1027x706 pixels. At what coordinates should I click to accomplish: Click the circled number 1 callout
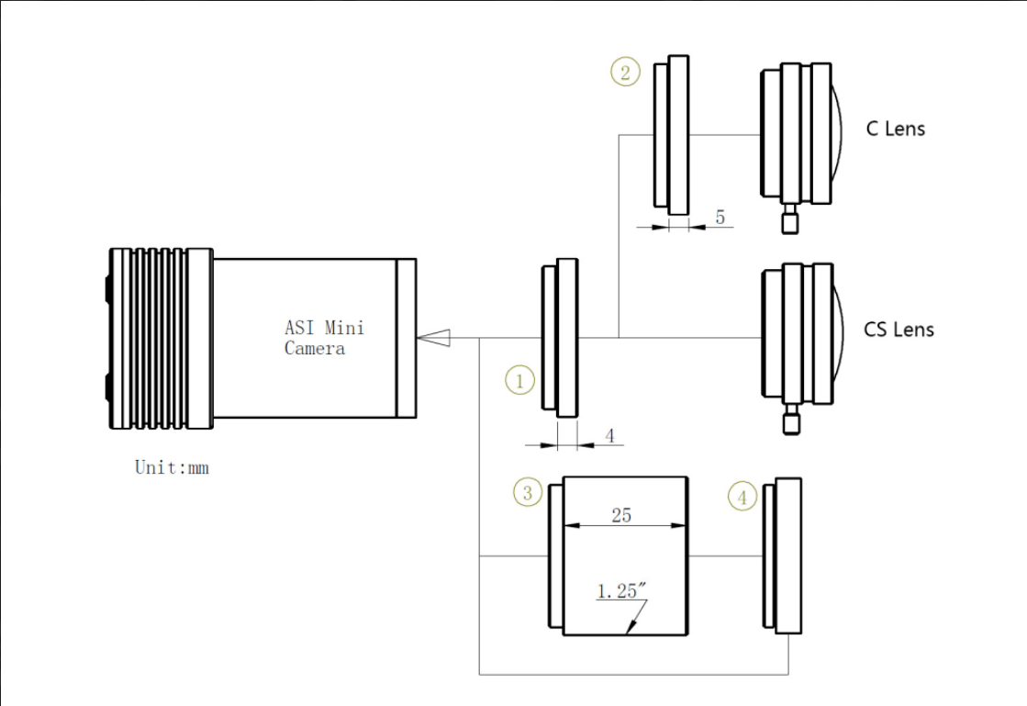tap(520, 380)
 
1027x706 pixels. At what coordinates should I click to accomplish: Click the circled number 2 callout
tap(626, 72)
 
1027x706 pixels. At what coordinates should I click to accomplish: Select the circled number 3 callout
tap(528, 492)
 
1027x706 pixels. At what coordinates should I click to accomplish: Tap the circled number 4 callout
tap(742, 497)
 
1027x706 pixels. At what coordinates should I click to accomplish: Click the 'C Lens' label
tap(896, 129)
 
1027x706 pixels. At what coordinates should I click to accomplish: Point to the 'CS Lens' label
tap(899, 329)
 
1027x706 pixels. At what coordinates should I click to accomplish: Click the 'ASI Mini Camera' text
tap(324, 337)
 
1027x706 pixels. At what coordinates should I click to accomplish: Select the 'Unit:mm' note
tap(172, 467)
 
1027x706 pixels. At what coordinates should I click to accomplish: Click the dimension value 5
tap(720, 217)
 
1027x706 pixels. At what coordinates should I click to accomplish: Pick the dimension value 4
tap(609, 435)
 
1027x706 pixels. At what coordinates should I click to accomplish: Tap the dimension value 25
tap(621, 515)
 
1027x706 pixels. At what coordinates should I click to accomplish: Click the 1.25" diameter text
tap(621, 590)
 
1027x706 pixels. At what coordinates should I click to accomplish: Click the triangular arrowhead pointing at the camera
tap(433, 338)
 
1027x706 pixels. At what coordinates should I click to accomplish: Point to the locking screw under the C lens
tap(790, 219)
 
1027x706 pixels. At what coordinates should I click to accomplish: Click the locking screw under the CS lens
tap(791, 420)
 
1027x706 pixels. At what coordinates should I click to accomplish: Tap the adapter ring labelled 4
tap(783, 556)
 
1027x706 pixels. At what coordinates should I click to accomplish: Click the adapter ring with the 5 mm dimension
tap(672, 135)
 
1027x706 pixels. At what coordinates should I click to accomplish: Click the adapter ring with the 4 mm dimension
tap(560, 338)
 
